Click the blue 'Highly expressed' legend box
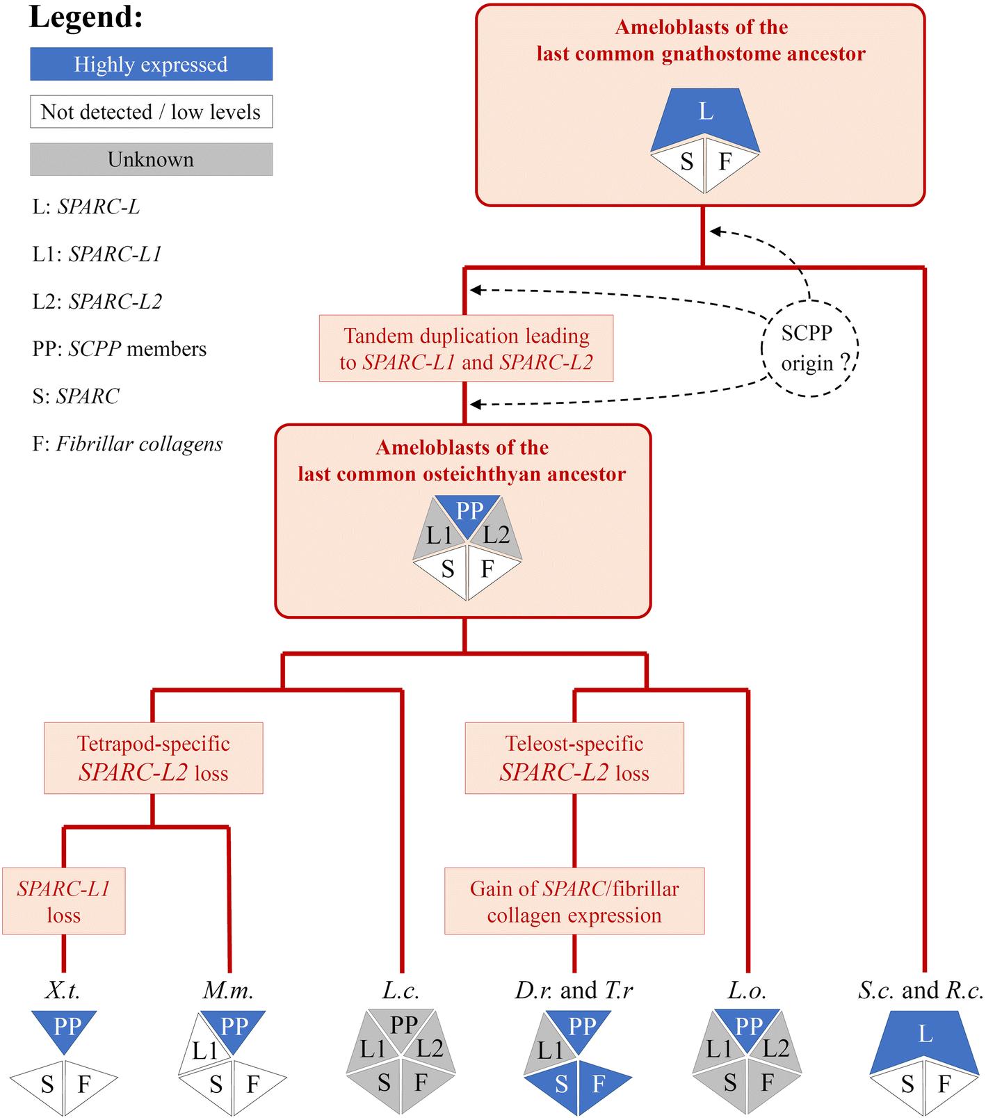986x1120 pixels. (151, 64)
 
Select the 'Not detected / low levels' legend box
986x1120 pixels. (151, 112)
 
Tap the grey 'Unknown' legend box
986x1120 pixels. (151, 159)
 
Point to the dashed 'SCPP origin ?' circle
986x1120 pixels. (809, 348)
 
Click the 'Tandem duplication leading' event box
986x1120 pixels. (466, 348)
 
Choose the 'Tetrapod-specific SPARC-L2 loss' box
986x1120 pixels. (153, 758)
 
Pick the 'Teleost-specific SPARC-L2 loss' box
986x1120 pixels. (574, 758)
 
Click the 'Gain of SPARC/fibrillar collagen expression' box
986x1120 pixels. (574, 901)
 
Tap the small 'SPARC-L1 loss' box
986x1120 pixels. (63, 901)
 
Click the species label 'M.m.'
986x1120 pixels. (228, 990)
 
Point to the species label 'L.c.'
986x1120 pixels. (401, 990)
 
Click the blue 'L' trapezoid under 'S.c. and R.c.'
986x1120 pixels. (925, 1036)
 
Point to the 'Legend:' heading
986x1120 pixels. (86, 17)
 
